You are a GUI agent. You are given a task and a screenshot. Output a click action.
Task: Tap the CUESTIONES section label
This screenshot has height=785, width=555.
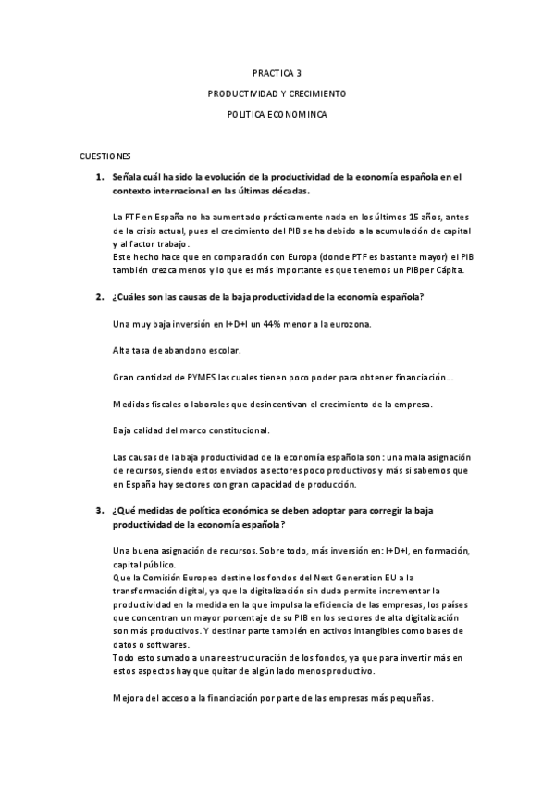pos(105,158)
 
